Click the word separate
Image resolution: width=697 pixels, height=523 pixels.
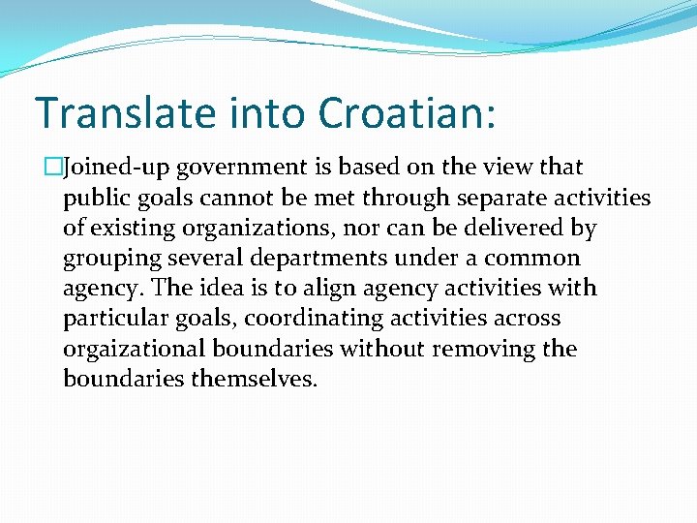[508, 199]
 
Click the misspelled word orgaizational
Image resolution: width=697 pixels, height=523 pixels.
[136, 349]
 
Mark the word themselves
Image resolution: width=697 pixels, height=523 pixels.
[255, 379]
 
